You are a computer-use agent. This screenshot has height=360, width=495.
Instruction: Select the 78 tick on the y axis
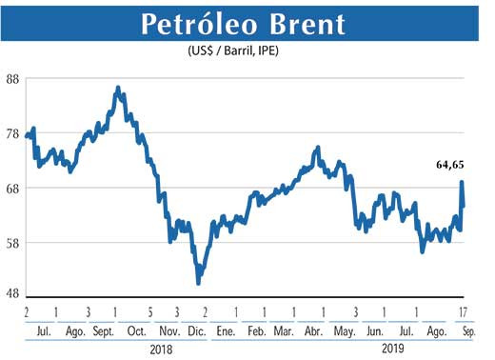click(13, 134)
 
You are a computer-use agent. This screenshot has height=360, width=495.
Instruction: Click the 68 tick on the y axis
click(13, 189)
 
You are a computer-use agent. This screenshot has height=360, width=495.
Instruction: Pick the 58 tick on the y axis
click(13, 243)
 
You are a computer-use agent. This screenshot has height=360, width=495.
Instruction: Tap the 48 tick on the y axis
click(13, 294)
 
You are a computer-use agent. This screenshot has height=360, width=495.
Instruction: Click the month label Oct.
click(136, 330)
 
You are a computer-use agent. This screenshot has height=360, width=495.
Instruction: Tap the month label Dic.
click(196, 330)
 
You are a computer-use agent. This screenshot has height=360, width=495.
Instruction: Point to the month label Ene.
click(226, 330)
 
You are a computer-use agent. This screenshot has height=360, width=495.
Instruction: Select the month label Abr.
click(313, 330)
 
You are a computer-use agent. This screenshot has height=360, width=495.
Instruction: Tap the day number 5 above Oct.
click(150, 311)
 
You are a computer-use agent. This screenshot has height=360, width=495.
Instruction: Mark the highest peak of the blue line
click(117, 88)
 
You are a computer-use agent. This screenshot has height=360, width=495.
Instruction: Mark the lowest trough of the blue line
click(198, 282)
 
